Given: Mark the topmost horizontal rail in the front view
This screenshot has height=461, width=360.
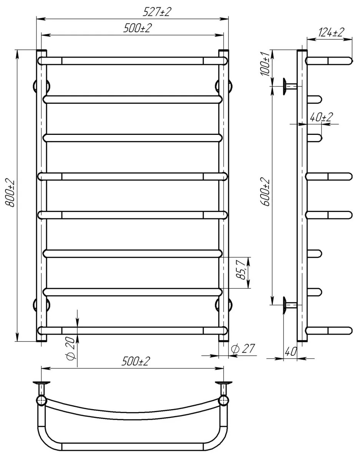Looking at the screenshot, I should pyautogui.click(x=133, y=61).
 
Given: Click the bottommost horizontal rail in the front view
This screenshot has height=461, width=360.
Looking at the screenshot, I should pyautogui.click(x=133, y=330).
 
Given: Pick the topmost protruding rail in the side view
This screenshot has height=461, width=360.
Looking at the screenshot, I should pyautogui.click(x=329, y=61).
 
